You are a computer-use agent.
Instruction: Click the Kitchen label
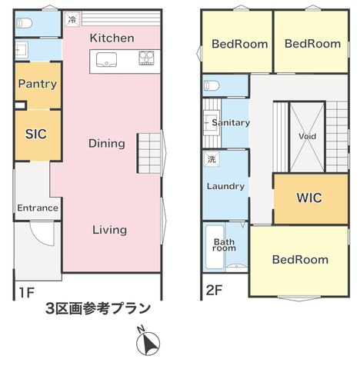tap(112, 38)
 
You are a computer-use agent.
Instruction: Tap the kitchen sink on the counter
tap(106, 59)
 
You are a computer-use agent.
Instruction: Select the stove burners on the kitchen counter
tap(146, 58)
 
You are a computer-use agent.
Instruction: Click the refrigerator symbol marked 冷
tap(73, 19)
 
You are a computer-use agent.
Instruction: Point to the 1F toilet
tap(25, 24)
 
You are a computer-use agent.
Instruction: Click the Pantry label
tap(38, 84)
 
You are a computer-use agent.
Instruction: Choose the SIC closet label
tap(36, 134)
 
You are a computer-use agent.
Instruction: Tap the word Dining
tap(107, 144)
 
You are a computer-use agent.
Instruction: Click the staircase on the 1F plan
tap(148, 153)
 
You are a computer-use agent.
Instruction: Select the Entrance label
tap(38, 208)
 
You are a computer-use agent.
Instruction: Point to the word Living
tap(110, 230)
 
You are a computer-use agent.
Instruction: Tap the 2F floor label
tap(214, 291)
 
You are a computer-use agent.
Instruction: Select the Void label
tap(307, 136)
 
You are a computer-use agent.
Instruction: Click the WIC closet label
tap(309, 198)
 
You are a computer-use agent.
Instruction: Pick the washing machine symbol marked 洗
tap(212, 159)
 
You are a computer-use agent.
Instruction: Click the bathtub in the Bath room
tap(215, 247)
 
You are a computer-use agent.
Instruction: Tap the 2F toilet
tap(212, 85)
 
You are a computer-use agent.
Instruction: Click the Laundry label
tap(225, 186)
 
